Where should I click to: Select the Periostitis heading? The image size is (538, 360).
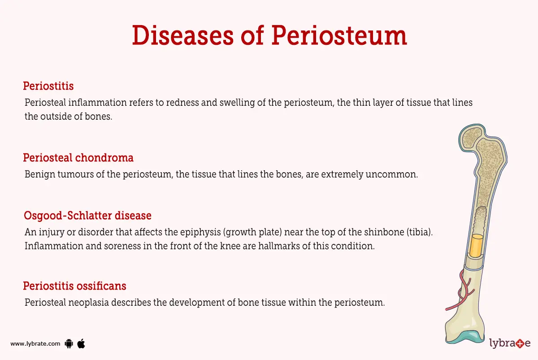(x=48, y=86)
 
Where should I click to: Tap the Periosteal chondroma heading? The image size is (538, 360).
(x=78, y=158)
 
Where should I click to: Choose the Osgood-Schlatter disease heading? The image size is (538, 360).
(x=87, y=216)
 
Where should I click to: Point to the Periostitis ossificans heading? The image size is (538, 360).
(x=74, y=286)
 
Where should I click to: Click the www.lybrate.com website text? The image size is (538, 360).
(x=35, y=344)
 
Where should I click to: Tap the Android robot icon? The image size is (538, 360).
(x=69, y=344)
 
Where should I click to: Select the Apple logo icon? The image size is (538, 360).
(x=81, y=343)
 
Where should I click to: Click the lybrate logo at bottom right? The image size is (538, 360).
(x=510, y=344)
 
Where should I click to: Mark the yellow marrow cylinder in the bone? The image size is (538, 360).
(x=477, y=245)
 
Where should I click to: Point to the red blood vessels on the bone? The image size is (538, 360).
(x=462, y=292)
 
